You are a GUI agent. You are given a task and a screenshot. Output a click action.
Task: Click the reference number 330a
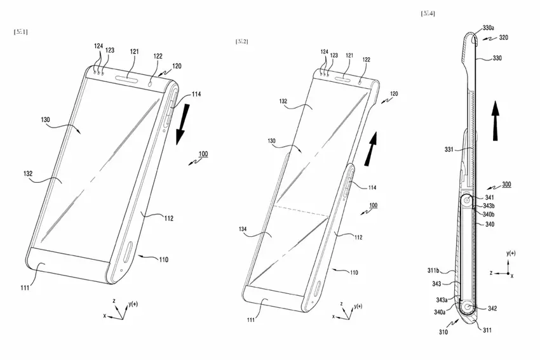[x=489, y=28]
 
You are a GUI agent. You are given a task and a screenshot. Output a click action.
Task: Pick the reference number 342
[x=492, y=309]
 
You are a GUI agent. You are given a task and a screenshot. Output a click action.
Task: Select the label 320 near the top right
[x=503, y=37]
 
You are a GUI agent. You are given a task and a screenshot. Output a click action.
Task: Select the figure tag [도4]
[x=428, y=13]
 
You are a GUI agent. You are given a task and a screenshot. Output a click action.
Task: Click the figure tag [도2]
[x=241, y=41]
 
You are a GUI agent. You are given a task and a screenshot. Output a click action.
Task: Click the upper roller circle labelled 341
[x=468, y=202]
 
